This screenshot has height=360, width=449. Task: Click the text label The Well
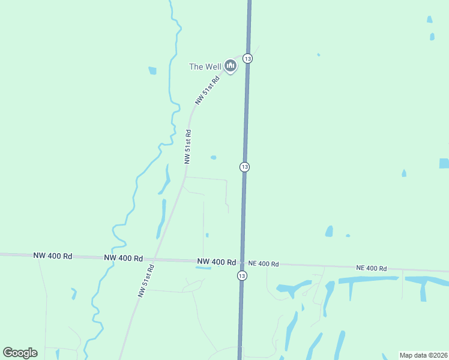[x=205, y=67]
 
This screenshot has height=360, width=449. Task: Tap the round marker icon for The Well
[x=231, y=65]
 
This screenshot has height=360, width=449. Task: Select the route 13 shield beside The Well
[x=248, y=58]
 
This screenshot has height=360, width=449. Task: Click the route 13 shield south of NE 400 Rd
[x=241, y=275]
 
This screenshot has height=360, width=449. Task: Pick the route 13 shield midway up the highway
[x=244, y=166]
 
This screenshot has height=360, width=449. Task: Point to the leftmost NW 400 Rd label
[x=53, y=256]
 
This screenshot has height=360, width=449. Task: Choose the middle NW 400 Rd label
[x=123, y=258]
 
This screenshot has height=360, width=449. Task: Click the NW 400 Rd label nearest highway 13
[x=216, y=262]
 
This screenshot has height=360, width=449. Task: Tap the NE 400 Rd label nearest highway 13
[x=263, y=264]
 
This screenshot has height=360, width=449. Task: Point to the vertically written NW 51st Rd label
[x=188, y=147]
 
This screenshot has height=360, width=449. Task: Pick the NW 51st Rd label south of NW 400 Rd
[x=146, y=281]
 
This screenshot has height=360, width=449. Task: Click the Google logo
[x=20, y=353]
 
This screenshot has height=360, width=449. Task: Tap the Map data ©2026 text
[x=424, y=355]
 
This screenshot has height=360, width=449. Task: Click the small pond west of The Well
[x=152, y=71]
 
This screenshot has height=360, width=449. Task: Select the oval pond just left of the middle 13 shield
[x=213, y=158]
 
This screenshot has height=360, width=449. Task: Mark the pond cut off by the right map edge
[x=444, y=163]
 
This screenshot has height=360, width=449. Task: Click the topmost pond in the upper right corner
[x=429, y=19]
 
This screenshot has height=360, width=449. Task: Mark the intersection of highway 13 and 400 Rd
[x=241, y=263]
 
